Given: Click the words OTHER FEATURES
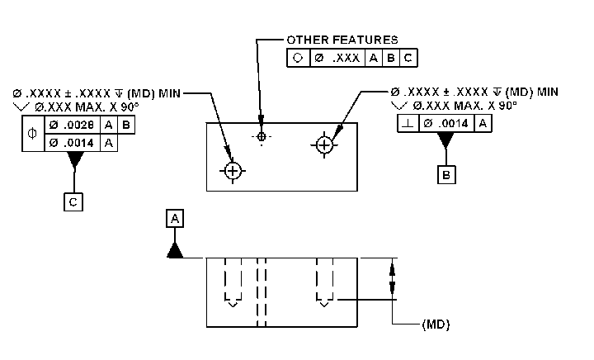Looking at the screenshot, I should click(342, 39).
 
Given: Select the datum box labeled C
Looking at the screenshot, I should click(73, 201).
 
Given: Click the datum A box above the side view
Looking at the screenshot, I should click(175, 219).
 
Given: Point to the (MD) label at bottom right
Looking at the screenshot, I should click(436, 324).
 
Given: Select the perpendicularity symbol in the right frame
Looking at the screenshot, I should click(408, 124).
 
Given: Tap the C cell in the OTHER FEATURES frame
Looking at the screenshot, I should click(408, 59).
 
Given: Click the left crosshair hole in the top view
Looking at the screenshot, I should click(233, 170).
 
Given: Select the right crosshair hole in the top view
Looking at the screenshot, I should click(324, 144).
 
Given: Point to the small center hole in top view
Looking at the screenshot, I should click(262, 136).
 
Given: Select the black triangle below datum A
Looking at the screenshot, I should click(175, 250).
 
